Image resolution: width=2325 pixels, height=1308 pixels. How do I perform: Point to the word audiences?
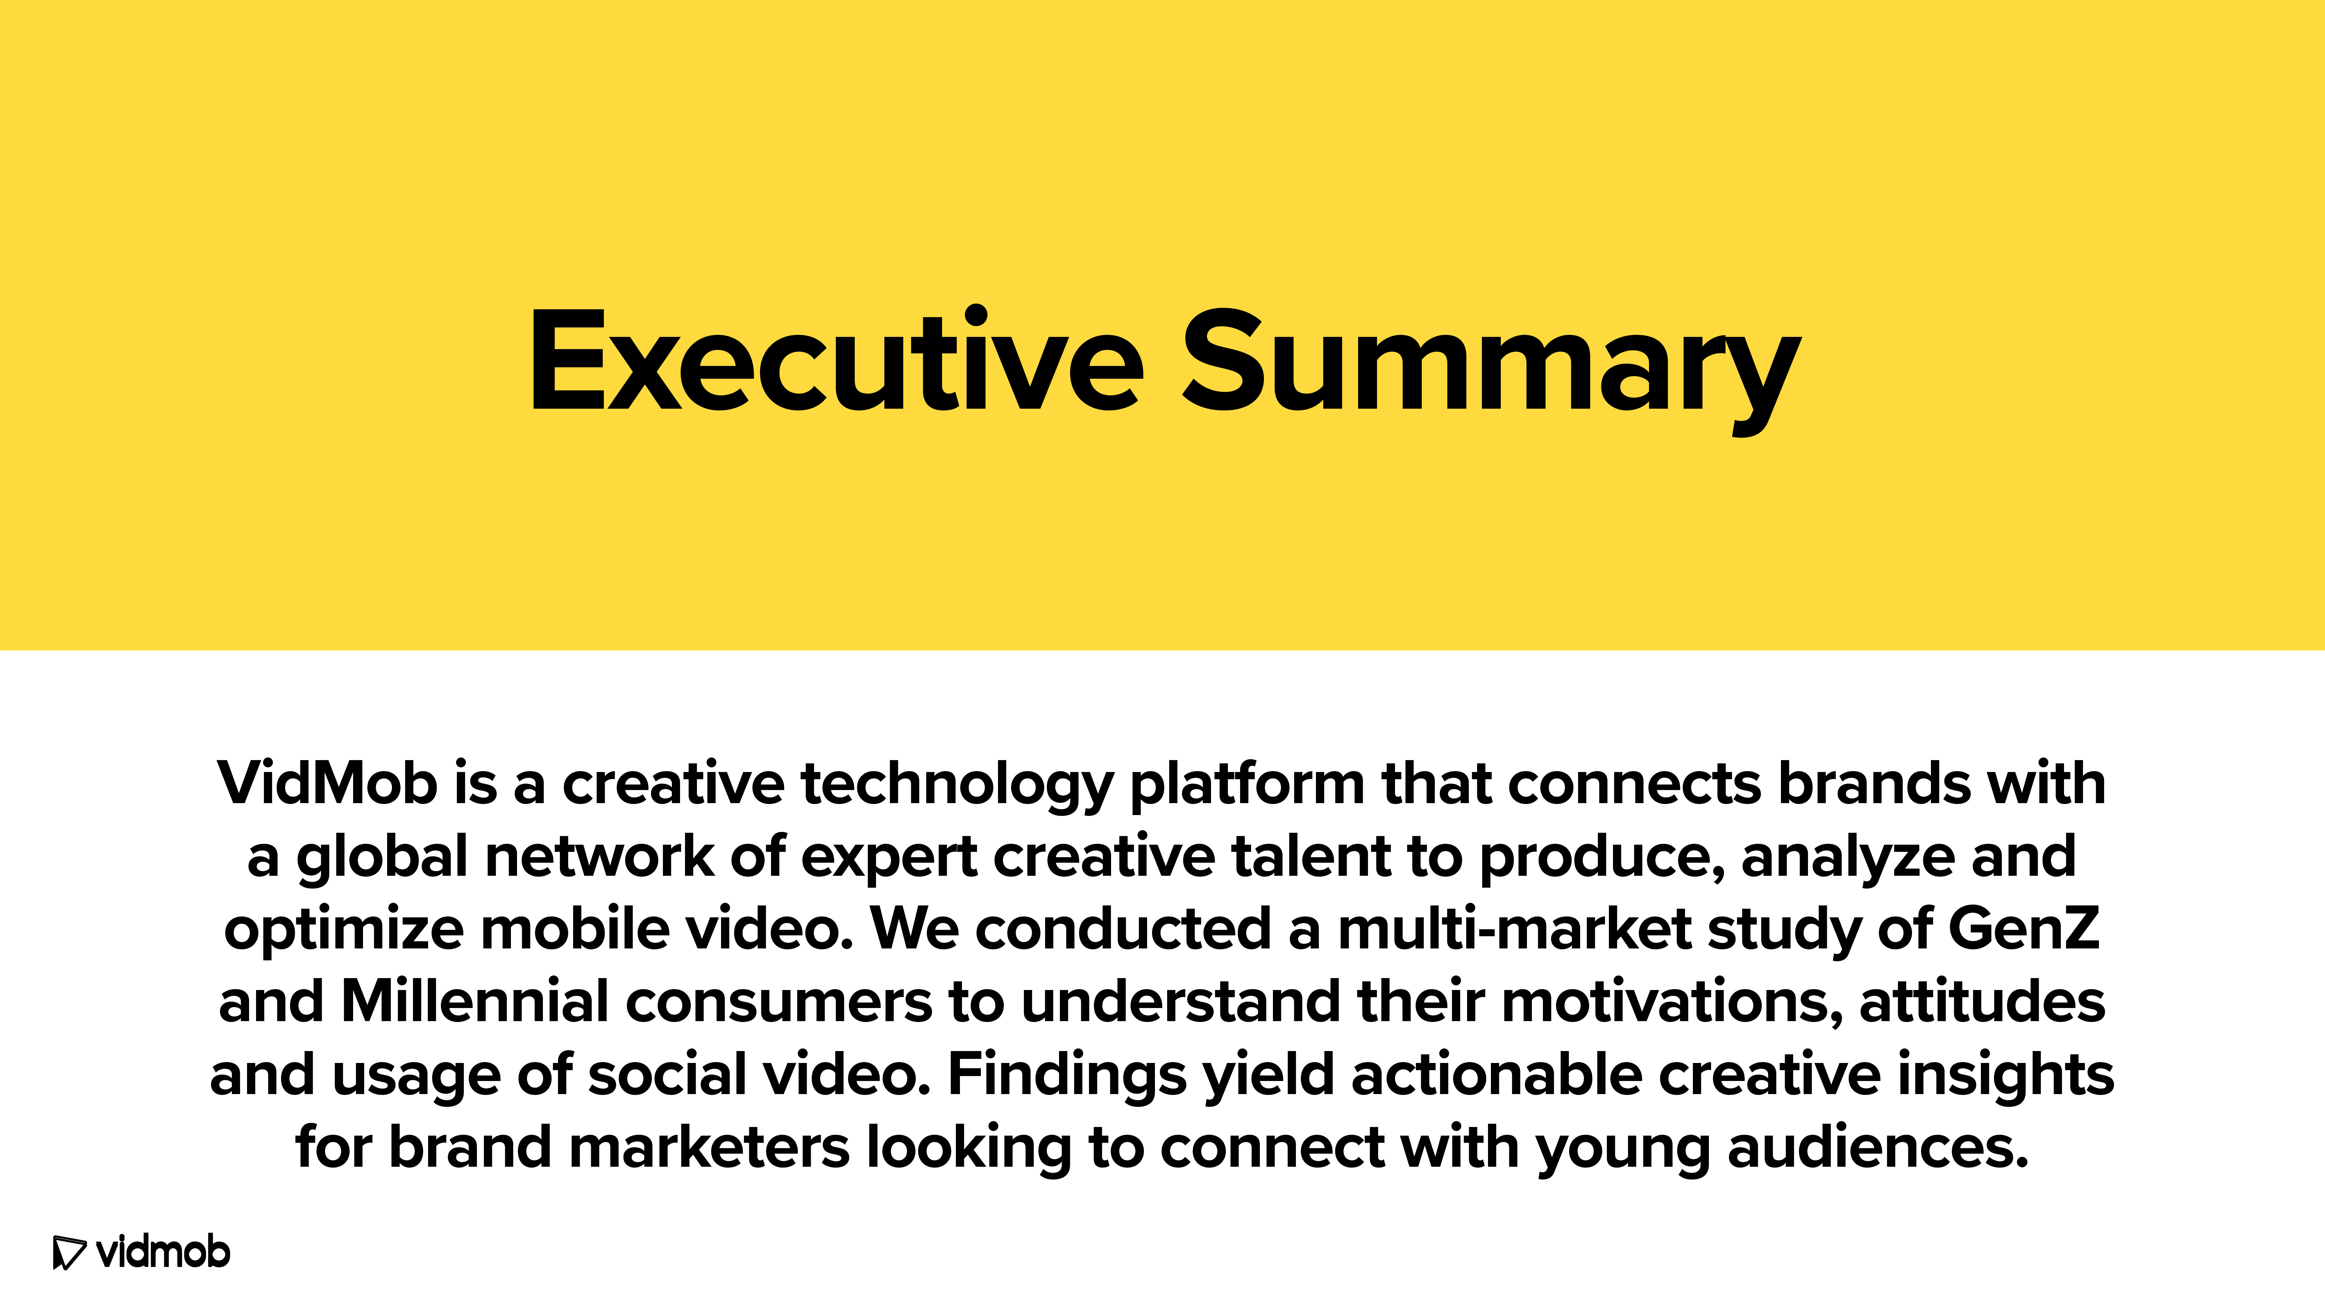1877,1146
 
